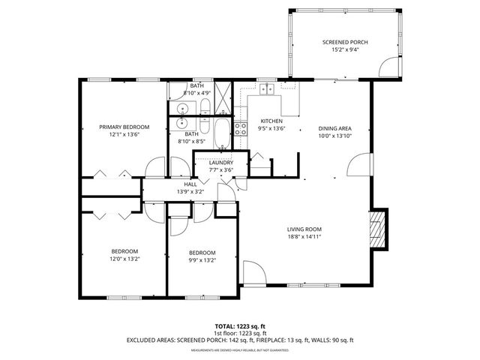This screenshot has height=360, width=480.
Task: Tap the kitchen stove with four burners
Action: (241, 129)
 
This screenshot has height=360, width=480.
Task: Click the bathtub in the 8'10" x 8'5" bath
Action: (221, 133)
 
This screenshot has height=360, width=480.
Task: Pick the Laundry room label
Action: (220, 163)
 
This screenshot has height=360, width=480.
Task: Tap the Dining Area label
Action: (334, 128)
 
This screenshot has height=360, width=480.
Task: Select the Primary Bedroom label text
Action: (124, 127)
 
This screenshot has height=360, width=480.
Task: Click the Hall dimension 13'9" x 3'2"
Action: (190, 192)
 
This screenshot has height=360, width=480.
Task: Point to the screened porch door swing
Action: (389, 68)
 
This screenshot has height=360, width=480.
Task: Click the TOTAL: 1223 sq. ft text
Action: (239, 326)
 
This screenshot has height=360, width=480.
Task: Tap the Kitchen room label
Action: (271, 121)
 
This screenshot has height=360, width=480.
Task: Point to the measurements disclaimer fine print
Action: (239, 350)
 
